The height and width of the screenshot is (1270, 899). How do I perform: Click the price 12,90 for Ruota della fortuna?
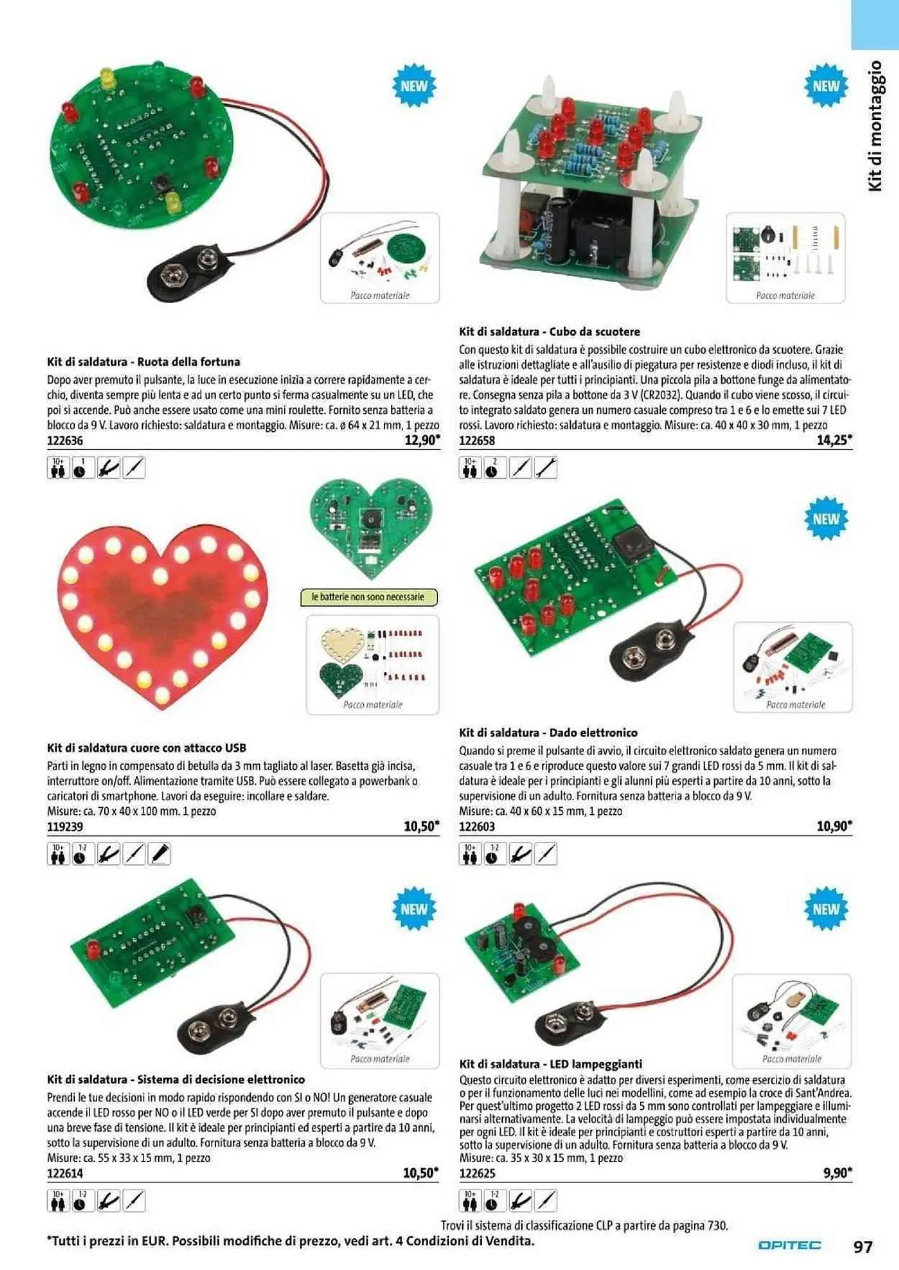click(x=421, y=441)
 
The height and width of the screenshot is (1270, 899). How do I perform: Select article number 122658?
click(x=477, y=441)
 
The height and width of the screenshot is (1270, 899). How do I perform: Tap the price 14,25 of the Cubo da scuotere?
click(x=833, y=439)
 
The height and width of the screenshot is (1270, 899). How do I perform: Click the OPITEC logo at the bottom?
click(x=789, y=1245)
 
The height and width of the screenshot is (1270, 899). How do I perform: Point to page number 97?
click(x=863, y=1247)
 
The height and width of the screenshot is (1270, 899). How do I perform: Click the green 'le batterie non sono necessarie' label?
click(x=368, y=597)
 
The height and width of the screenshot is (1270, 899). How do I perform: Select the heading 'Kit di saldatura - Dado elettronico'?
click(x=548, y=732)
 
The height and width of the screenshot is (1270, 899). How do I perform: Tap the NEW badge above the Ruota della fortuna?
click(x=414, y=86)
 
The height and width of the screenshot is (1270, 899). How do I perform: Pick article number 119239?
click(x=65, y=827)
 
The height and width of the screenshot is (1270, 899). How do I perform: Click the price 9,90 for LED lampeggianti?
click(x=836, y=1173)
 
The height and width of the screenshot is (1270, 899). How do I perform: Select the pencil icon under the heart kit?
click(x=159, y=854)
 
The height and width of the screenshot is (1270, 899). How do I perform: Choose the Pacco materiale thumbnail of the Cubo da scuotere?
click(x=785, y=258)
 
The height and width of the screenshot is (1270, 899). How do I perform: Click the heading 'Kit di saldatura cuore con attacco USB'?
click(x=147, y=748)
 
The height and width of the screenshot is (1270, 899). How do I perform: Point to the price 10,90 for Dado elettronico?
click(x=833, y=826)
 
